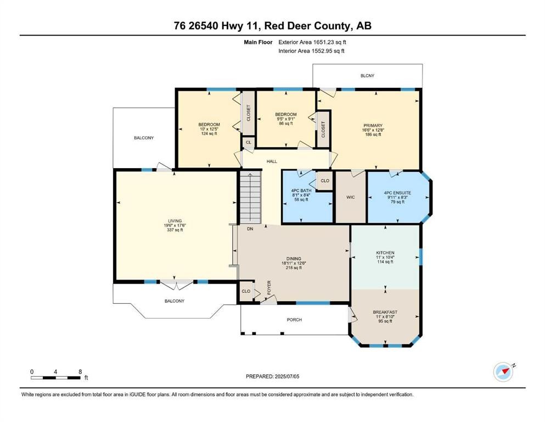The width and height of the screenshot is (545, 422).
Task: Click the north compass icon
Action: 503,372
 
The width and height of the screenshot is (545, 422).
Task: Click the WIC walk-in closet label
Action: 350,197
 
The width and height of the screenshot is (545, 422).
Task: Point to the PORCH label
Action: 294,320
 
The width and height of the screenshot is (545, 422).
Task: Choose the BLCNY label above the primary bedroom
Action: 367,75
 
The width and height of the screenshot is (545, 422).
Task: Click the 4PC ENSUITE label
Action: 397,193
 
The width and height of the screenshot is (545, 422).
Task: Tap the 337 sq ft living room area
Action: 175,230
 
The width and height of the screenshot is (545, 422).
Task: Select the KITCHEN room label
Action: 385,253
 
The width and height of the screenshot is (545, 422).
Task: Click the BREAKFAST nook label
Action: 385,312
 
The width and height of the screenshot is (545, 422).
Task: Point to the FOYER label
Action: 269,288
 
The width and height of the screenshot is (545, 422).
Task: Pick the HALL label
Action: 272,162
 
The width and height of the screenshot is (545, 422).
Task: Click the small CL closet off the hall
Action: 249,143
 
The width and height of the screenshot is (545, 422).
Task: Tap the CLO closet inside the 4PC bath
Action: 325,181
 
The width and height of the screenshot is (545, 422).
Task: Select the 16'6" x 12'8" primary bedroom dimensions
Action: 373,130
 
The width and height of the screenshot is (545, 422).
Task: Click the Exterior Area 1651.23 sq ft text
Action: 312,42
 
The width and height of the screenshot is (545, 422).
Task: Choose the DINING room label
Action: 294,258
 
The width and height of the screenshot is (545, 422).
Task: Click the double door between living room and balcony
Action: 177,285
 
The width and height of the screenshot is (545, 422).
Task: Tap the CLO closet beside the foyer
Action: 246,291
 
